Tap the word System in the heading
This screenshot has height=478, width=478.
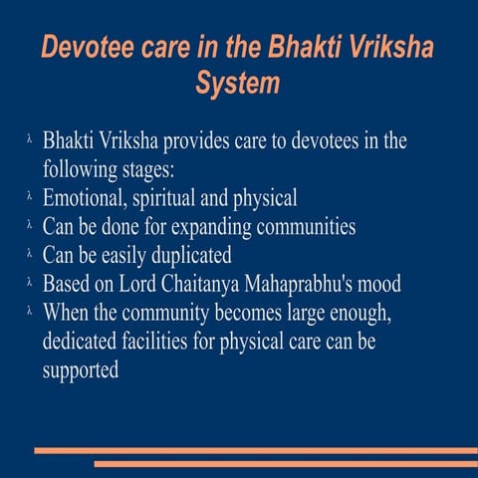point(238,84)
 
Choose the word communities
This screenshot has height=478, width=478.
point(303,226)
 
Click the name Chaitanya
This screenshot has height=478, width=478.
point(199,283)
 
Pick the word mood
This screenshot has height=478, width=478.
point(379,284)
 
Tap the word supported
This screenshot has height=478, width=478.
point(81,369)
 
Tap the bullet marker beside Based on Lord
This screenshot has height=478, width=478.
point(32,285)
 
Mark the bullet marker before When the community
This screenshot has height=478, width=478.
point(32,314)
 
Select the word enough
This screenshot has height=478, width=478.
point(396,313)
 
